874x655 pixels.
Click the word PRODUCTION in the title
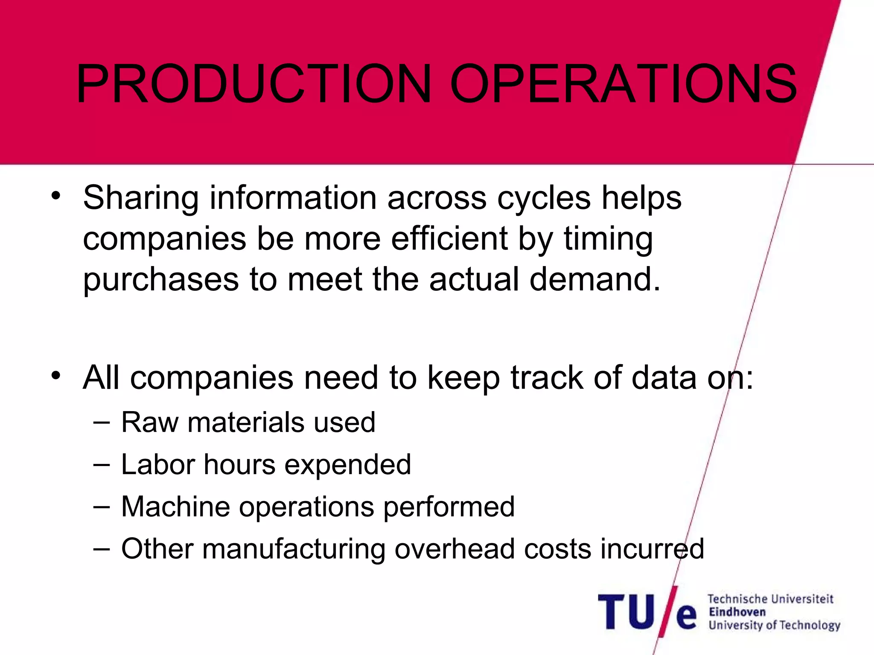click(x=253, y=84)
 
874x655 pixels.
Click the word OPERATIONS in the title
click(x=623, y=84)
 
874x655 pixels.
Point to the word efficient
click(x=449, y=239)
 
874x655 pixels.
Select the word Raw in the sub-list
click(x=150, y=423)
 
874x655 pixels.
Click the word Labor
click(x=157, y=464)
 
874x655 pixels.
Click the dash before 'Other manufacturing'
click(x=101, y=548)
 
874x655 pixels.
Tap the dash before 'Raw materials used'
click(x=101, y=423)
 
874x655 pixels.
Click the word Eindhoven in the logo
click(x=737, y=612)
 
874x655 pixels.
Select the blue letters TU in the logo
click(x=626, y=612)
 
